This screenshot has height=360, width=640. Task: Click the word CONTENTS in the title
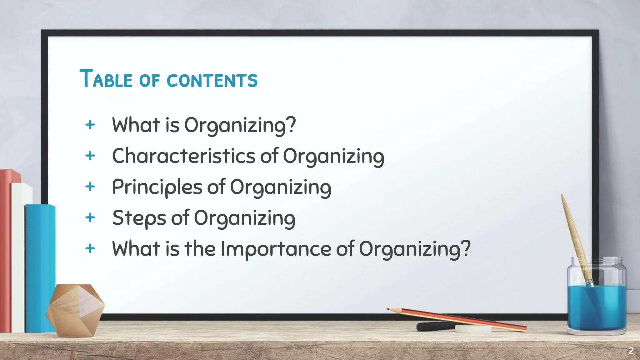(212, 80)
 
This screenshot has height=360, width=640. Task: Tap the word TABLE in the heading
(106, 79)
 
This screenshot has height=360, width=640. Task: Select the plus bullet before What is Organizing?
(90, 124)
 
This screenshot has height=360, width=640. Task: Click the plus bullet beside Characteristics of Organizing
(90, 155)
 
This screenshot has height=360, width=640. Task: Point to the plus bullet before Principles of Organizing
(90, 187)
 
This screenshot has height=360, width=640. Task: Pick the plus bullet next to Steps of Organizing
(90, 217)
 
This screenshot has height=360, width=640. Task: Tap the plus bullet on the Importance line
(90, 248)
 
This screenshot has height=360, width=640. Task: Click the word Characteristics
(184, 156)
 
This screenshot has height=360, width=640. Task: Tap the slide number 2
(631, 351)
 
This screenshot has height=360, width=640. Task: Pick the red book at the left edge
(6, 250)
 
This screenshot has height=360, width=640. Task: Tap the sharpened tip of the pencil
(388, 309)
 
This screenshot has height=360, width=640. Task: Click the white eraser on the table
(473, 329)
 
